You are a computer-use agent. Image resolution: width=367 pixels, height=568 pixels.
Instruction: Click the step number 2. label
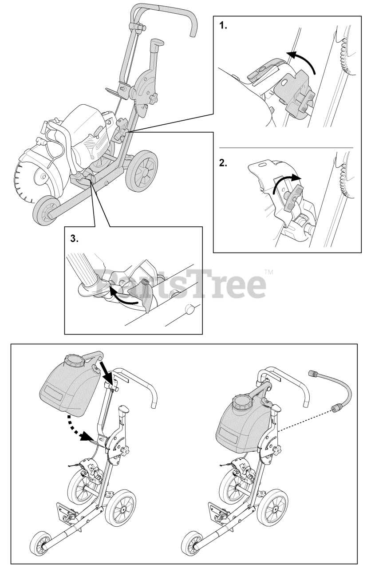coord(224,162)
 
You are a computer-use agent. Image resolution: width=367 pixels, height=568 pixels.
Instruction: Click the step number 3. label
coord(75,238)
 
